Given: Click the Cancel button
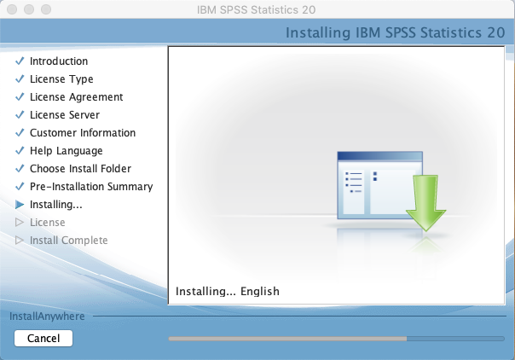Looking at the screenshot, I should pos(43,339).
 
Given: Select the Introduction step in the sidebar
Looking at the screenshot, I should pos(59,61).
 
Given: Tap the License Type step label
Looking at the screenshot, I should pos(61,79).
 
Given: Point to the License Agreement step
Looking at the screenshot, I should pos(76,97).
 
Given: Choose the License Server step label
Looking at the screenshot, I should pos(65,115).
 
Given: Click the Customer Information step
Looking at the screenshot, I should pos(83,133).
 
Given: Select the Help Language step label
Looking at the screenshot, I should pos(67,151).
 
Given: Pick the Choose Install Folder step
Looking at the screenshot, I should pos(80,169).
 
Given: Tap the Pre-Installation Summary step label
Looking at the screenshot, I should pos(91,187).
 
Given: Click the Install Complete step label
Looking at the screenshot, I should pos(69,241).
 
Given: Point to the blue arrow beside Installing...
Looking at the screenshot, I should pos(20,205).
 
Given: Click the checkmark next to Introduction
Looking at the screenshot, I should pos(20,61).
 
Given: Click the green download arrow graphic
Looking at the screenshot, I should pos(425,203).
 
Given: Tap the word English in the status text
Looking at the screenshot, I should pos(260,292).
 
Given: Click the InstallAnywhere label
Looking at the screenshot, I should pos(47,316).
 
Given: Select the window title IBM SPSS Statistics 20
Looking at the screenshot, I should pos(257,9).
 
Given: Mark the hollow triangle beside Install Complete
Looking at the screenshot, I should pos(20,241).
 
